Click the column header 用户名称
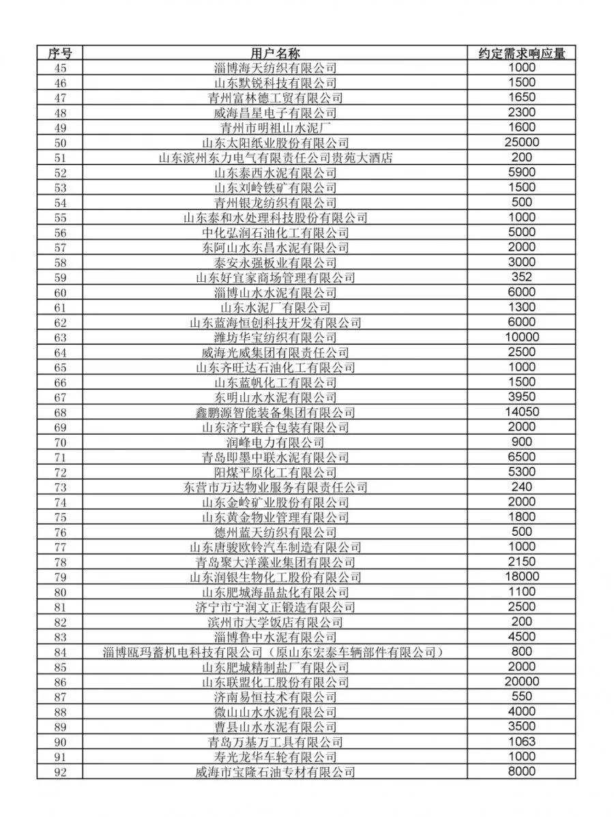(275, 53)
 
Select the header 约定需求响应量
(522, 53)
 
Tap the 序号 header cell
(59, 53)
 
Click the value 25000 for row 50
(522, 143)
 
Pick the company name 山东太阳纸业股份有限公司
(275, 143)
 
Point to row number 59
(59, 278)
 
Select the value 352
(522, 278)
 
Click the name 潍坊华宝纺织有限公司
(275, 338)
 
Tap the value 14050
(522, 412)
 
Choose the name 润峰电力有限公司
(275, 442)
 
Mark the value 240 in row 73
(522, 487)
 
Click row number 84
(59, 652)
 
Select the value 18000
(522, 577)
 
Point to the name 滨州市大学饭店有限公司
(275, 622)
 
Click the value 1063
(522, 742)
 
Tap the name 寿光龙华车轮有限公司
(275, 757)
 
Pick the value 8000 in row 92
(522, 772)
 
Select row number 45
(59, 68)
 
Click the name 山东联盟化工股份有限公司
(275, 682)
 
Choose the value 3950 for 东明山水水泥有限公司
(522, 397)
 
